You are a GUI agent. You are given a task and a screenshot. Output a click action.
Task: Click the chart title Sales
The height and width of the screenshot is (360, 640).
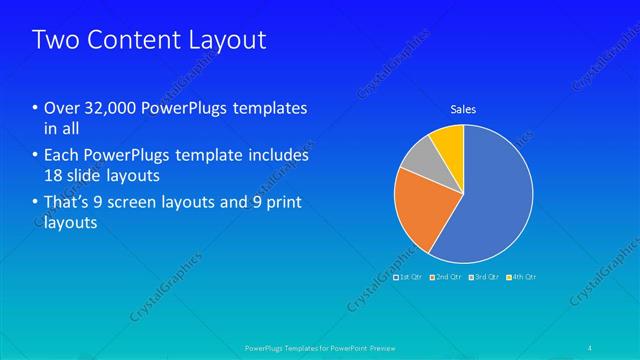click(463, 109)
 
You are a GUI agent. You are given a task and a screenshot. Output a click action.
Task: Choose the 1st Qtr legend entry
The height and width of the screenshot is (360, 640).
click(408, 276)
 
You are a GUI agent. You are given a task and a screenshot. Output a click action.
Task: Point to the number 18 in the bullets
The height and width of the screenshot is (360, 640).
click(54, 175)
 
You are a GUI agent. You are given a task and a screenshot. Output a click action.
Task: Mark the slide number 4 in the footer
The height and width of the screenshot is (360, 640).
click(591, 347)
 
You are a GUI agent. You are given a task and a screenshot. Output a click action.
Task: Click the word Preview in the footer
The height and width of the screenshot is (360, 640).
click(376, 348)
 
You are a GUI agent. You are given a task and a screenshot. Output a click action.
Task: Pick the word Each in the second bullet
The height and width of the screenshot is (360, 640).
click(59, 156)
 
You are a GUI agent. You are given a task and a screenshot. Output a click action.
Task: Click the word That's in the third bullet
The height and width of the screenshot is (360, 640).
click(67, 203)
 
